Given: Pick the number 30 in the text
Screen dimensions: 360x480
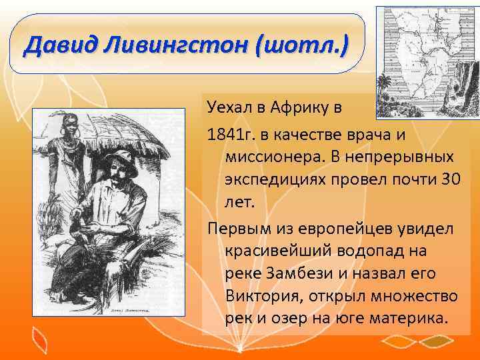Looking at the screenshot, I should tap(449, 179).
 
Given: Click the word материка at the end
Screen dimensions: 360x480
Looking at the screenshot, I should tap(412, 319).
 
